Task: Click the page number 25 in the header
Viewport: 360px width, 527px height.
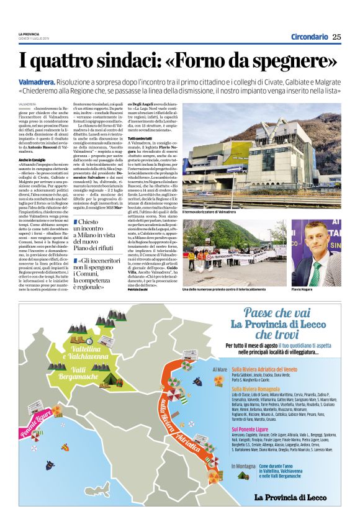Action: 336,37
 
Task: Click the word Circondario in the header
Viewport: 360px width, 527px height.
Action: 309,37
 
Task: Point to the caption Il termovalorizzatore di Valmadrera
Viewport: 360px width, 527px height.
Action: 209,212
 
